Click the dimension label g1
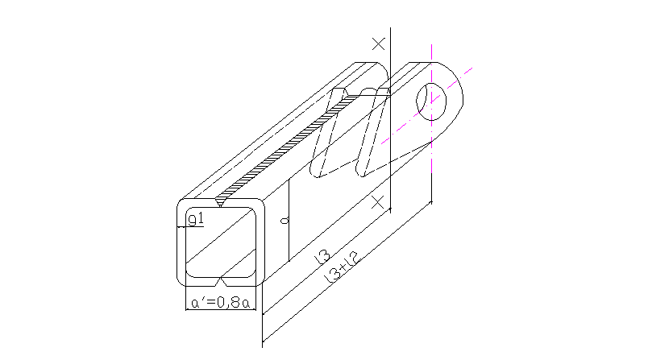pyautogui.click(x=197, y=218)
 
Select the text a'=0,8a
pyautogui.click(x=220, y=304)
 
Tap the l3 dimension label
pyautogui.click(x=322, y=257)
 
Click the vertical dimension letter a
pyautogui.click(x=283, y=219)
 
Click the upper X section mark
pyautogui.click(x=379, y=43)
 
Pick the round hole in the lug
pyautogui.click(x=432, y=100)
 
